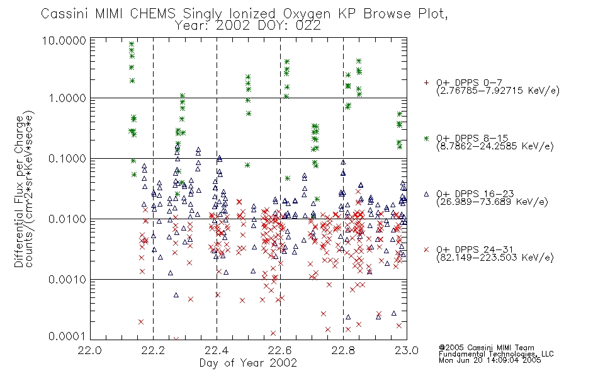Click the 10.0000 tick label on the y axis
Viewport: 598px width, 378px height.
[x=64, y=40]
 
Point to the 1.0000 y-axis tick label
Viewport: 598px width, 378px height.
[x=67, y=98]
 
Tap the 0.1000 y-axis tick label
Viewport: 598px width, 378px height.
[x=67, y=159]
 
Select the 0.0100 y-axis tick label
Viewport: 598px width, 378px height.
[x=67, y=219]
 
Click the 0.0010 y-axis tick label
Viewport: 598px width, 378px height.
[x=67, y=280]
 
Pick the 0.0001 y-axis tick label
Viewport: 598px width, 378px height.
[x=67, y=336]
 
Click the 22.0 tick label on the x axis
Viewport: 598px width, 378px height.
[x=90, y=350]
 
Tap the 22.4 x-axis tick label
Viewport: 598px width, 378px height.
[x=217, y=350]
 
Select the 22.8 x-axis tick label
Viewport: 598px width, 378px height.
[x=343, y=350]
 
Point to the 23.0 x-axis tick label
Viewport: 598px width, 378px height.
[x=407, y=350]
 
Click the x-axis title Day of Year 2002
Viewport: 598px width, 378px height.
[x=248, y=363]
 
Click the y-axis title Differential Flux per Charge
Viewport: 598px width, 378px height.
[x=19, y=192]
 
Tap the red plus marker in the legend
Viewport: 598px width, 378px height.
[x=426, y=83]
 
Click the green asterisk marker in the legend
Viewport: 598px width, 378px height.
[x=426, y=138]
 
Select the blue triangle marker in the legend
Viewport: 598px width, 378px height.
[x=426, y=194]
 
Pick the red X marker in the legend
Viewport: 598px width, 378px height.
[x=426, y=249]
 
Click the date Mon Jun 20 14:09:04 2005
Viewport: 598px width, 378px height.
[x=490, y=360]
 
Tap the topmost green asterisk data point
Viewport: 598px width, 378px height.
[x=132, y=44]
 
